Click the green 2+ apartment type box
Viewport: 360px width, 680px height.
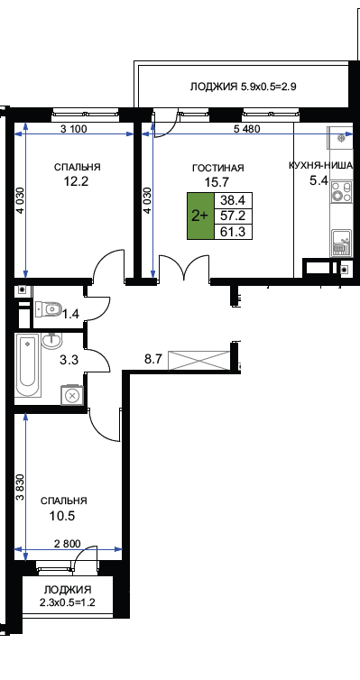point(200,216)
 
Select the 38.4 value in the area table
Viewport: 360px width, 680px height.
point(234,200)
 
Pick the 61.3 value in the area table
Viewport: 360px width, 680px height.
point(234,232)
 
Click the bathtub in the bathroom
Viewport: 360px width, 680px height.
point(28,365)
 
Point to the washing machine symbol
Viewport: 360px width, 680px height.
point(72,395)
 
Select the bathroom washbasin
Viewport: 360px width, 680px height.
point(52,341)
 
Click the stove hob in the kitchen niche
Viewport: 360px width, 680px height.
point(341,192)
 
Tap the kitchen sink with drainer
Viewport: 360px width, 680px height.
point(342,243)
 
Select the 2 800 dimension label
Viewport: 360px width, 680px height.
point(66,543)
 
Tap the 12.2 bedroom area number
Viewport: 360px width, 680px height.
point(77,181)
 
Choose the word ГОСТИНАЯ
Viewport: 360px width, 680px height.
point(218,168)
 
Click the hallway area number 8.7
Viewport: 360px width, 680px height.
point(153,359)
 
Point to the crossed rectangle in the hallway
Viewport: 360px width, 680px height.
point(199,361)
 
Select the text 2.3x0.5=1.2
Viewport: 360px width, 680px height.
point(68,602)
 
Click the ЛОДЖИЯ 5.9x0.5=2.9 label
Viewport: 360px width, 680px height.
point(243,87)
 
